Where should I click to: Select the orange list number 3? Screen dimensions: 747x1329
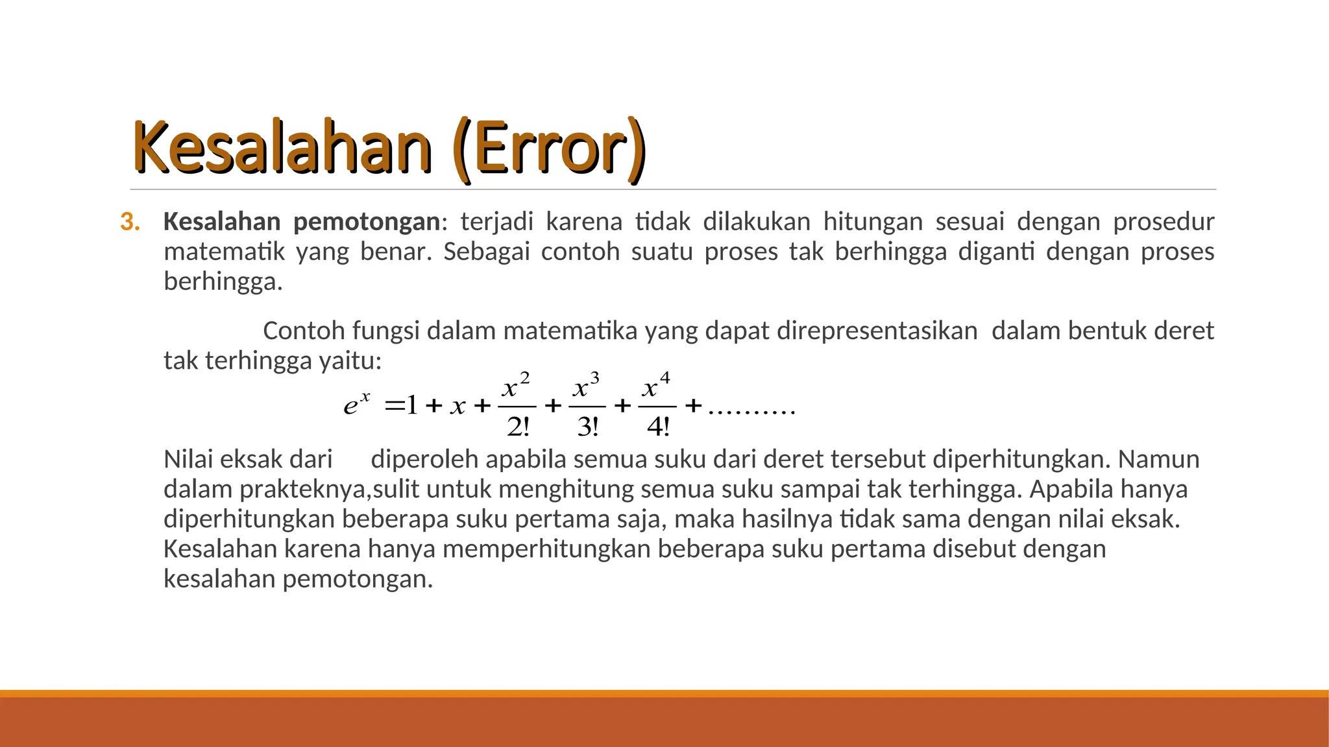129,222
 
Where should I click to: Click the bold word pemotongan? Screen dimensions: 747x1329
367,222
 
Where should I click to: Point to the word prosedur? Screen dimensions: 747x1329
1164,222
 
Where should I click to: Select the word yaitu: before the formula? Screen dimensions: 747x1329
350,361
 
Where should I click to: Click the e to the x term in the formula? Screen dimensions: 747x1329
356,404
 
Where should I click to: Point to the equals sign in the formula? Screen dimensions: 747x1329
394,407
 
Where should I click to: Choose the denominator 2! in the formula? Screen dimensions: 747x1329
518,427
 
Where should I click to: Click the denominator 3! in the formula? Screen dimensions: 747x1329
587,427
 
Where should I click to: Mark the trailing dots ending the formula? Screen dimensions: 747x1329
751,411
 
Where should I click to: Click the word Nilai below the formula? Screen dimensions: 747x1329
188,459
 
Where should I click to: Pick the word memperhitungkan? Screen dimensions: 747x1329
546,549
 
